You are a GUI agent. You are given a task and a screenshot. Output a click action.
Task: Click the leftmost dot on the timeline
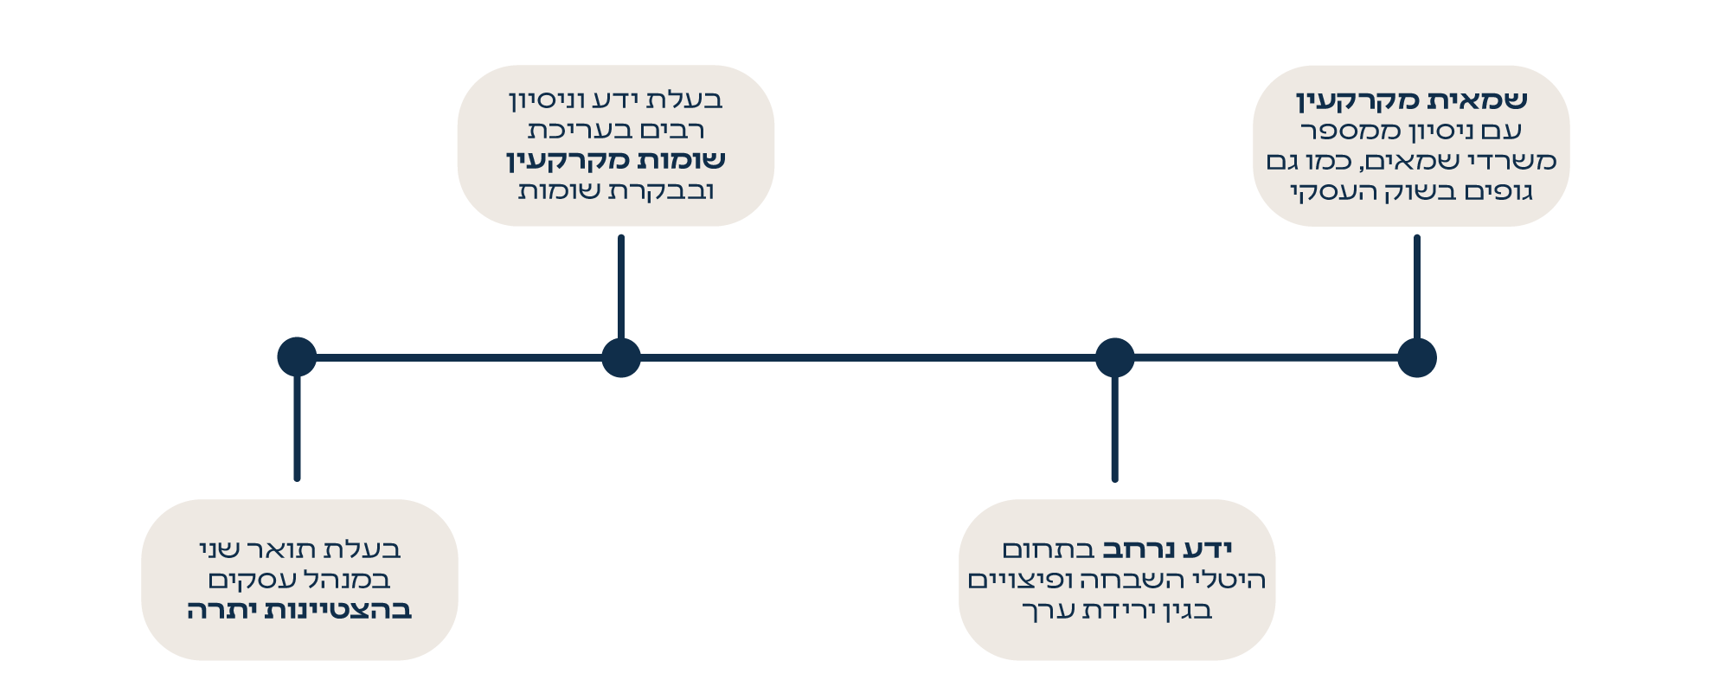pos(297,356)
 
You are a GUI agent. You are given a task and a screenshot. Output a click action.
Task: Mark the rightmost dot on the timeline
pos(1416,357)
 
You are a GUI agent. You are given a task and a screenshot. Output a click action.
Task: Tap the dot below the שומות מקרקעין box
pos(621,357)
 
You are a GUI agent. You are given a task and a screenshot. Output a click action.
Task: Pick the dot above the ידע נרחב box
pos(1114,357)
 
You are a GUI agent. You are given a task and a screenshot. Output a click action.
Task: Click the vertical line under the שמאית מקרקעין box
pos(1416,286)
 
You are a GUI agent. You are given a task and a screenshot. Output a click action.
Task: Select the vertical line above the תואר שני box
pos(297,428)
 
